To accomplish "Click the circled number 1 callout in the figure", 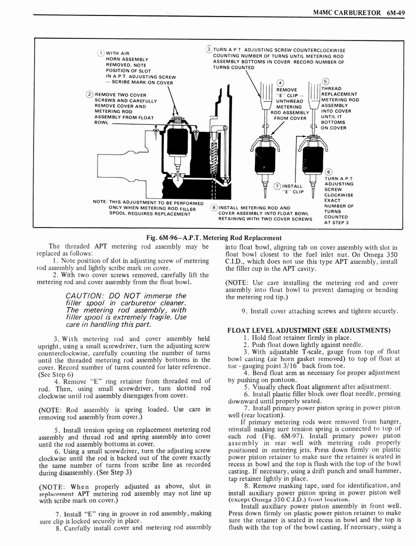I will click(x=100, y=53).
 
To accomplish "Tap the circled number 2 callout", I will click(x=89, y=95).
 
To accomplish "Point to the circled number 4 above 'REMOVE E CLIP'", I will click(x=280, y=82).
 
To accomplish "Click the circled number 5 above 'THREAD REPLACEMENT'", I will click(x=326, y=81).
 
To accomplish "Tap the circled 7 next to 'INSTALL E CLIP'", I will click(x=277, y=186).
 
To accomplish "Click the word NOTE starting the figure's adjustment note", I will click(x=101, y=202).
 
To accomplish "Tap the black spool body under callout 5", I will click(x=313, y=160).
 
